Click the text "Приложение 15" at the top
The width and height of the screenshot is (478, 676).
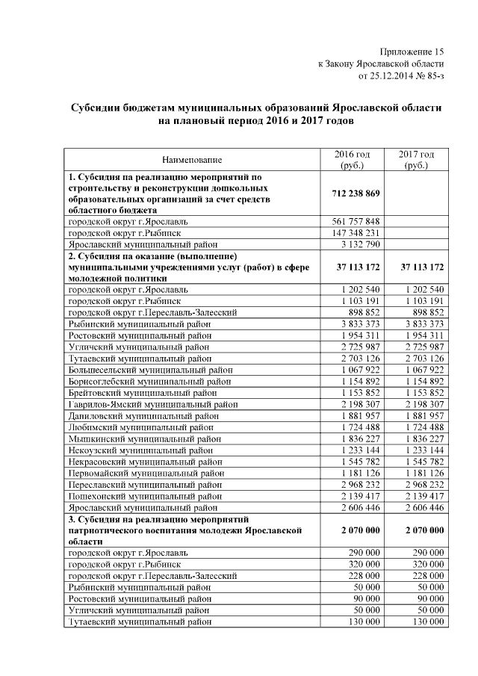point(412,52)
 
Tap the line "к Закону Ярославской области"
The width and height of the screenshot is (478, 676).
point(381,63)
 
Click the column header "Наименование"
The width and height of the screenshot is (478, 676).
point(192,159)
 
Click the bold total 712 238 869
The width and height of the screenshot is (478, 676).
point(356,193)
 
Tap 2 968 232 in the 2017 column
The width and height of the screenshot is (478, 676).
point(422,484)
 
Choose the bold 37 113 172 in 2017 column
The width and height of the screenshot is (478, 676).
point(422,267)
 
